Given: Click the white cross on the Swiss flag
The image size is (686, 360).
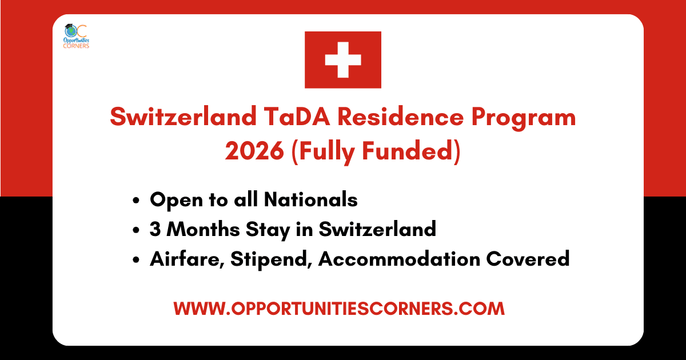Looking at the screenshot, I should (342, 59).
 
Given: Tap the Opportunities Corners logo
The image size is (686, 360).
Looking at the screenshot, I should (76, 36).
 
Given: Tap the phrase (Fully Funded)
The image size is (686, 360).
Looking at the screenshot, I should (377, 151).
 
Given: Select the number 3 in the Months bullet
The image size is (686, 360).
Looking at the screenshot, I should (155, 229).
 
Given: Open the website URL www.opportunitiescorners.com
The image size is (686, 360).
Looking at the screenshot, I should (339, 309).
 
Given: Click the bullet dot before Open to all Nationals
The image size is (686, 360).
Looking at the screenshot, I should (136, 201).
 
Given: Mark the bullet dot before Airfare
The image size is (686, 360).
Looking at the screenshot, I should (136, 260).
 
